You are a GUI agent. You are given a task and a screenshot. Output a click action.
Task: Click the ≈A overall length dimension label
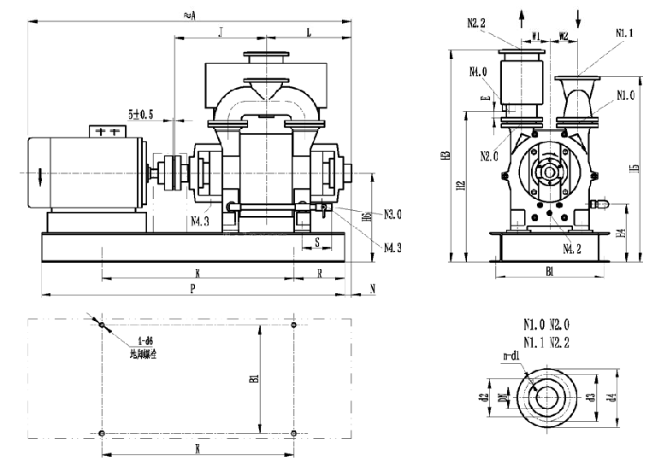tap(188, 14)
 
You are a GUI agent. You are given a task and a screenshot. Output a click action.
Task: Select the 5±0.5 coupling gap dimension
tap(140, 114)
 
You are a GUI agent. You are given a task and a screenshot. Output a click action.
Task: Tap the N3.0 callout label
tap(393, 214)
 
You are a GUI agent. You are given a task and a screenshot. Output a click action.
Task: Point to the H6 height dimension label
tap(366, 218)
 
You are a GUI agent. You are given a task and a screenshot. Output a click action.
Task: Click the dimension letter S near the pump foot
tap(317, 243)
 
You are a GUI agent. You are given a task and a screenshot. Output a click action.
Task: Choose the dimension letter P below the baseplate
tap(193, 289)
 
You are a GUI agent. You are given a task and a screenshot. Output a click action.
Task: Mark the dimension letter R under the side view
tap(320, 274)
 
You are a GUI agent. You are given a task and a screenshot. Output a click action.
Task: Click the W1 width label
tap(536, 36)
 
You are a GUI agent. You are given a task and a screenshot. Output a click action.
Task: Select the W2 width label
tap(564, 36)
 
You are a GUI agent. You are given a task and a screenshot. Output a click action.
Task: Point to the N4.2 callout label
tap(572, 249)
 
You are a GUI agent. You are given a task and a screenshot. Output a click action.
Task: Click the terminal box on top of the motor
tap(108, 132)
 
